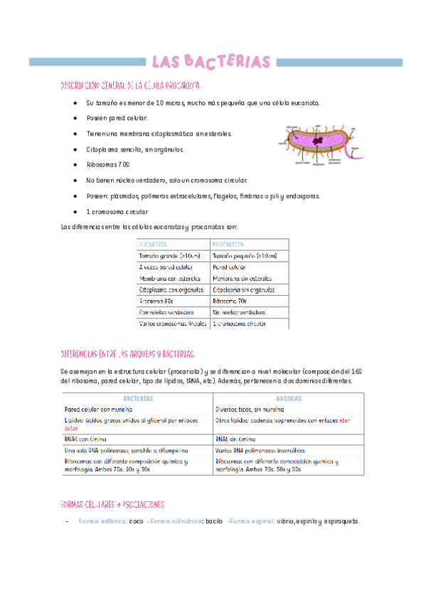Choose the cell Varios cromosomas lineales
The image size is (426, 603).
click(x=173, y=324)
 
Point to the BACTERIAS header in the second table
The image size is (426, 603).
click(x=138, y=399)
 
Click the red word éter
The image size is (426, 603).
click(x=344, y=420)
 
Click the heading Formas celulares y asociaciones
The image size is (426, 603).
click(x=113, y=503)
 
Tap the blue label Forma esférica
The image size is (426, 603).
click(x=102, y=521)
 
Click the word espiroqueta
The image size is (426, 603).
click(x=338, y=521)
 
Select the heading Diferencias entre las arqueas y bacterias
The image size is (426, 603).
click(x=128, y=353)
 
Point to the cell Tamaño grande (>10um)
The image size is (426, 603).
click(x=170, y=256)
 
